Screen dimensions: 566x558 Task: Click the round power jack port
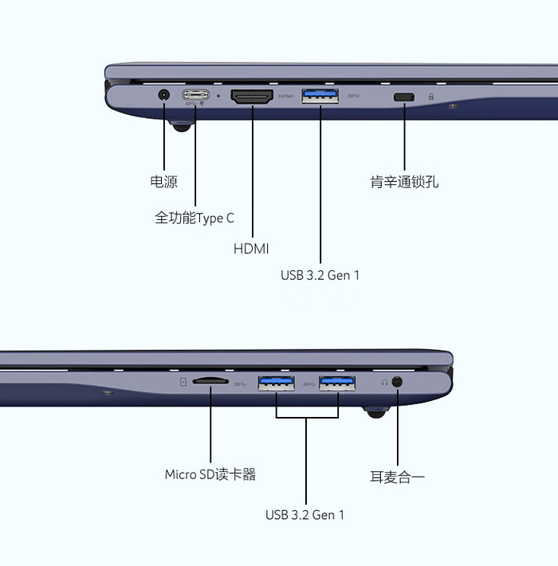164,95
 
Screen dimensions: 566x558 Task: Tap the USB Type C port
196,95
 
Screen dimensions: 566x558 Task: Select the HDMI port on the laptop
252,96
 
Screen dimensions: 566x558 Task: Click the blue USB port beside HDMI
320,96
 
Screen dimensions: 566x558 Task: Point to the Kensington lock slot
404,96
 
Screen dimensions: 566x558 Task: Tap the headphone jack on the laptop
397,382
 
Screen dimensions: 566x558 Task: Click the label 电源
163,182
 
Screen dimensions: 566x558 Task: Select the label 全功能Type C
195,217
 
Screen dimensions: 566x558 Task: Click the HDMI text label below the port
251,249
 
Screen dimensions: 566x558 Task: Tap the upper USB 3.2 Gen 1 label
320,275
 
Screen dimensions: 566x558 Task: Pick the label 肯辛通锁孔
404,182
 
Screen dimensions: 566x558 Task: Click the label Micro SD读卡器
210,474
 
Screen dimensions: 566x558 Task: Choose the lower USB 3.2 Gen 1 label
305,514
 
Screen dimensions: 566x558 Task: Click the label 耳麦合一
397,477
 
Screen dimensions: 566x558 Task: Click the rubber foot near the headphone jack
374,411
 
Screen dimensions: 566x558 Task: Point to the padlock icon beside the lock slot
431,96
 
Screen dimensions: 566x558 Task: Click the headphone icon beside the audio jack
383,382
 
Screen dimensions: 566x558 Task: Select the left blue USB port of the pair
277,383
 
